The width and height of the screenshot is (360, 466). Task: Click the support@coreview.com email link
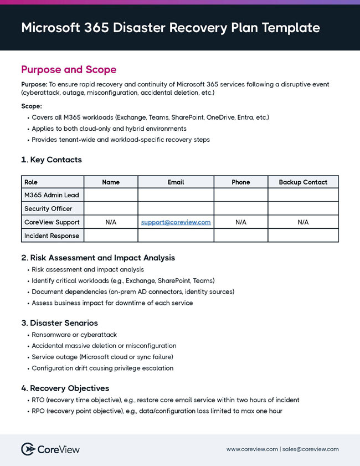[x=176, y=222]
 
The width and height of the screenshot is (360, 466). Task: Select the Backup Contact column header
[x=303, y=182]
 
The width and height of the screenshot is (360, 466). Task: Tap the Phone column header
[x=240, y=182]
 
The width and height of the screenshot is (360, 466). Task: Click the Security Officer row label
[x=48, y=209]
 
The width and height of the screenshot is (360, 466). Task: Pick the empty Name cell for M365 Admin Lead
[x=111, y=195]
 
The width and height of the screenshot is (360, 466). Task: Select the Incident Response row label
[x=52, y=235]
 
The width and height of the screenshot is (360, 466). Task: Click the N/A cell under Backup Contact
[x=303, y=222]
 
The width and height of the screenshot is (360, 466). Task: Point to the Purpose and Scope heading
[x=69, y=70]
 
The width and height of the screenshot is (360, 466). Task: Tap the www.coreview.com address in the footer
[x=252, y=449]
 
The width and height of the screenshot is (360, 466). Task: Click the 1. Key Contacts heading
[x=51, y=160]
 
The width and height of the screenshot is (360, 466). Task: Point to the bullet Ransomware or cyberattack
[x=74, y=335]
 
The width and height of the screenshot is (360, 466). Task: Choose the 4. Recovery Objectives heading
[x=65, y=388]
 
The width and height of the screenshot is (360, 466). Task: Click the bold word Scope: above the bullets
[x=32, y=106]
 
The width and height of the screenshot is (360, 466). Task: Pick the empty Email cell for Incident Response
[x=176, y=235]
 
